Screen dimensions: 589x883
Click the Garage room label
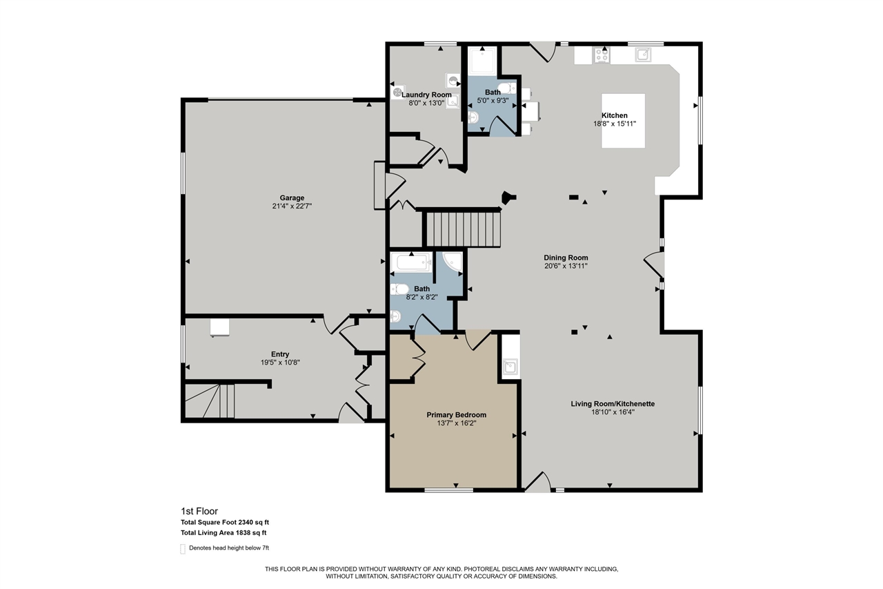[292, 198]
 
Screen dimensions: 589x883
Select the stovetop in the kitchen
[602, 55]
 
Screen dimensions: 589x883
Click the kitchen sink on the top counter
[643, 55]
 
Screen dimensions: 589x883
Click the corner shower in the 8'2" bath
[452, 262]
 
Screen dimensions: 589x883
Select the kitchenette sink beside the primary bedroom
[510, 367]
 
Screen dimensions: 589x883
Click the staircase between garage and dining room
[462, 229]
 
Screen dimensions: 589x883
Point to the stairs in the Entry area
[210, 402]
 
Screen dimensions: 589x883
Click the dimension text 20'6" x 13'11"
[566, 266]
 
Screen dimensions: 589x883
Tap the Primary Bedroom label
[456, 415]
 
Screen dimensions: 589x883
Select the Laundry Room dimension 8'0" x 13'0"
[427, 103]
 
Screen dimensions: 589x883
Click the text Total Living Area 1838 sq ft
[224, 532]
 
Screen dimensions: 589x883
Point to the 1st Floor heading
[199, 512]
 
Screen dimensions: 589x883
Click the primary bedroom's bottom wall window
[448, 490]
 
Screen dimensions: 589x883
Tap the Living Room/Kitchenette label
[613, 403]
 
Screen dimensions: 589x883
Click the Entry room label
[280, 354]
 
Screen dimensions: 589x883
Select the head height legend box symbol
[183, 549]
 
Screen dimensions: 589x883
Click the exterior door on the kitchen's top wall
[543, 50]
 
